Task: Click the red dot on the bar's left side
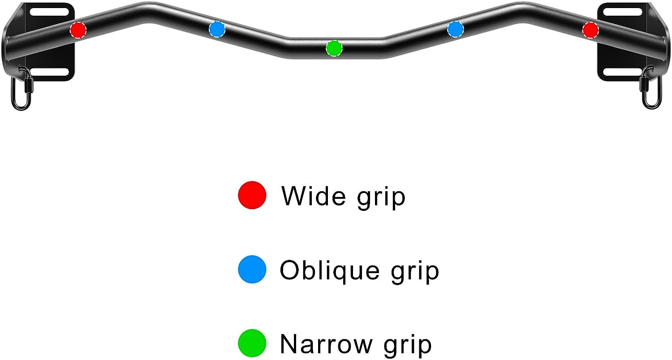tap(78, 30)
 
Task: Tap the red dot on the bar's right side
tap(590, 30)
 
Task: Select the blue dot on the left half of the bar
tap(217, 29)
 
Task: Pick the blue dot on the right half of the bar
tap(456, 29)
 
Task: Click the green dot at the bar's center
tap(334, 48)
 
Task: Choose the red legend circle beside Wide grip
tap(252, 195)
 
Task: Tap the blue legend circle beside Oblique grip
tap(252, 269)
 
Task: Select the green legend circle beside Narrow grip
tap(252, 343)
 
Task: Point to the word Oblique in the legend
tap(330, 270)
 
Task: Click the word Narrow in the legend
tap(326, 344)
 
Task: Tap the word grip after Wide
tap(381, 198)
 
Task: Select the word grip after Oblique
tap(415, 272)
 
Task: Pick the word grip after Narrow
tap(408, 346)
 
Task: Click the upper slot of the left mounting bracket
tap(49, 12)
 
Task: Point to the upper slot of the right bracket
tap(623, 12)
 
